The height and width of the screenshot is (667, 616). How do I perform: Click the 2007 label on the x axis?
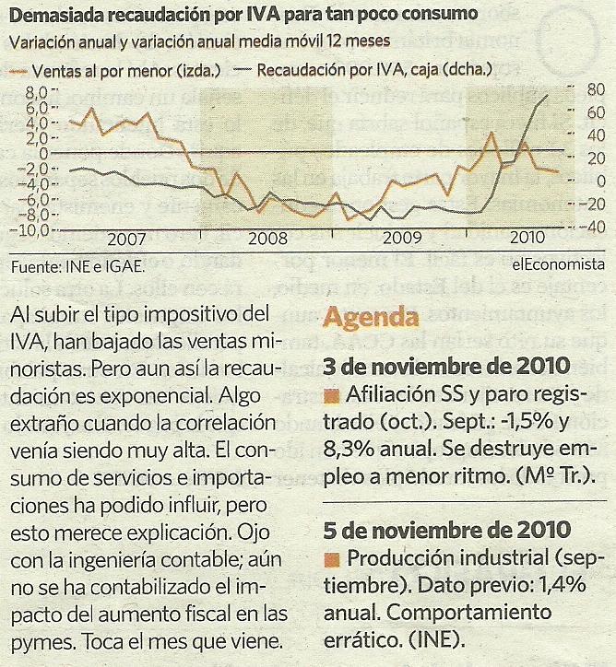(x=126, y=238)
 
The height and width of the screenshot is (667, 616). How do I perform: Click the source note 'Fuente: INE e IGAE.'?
(x=78, y=268)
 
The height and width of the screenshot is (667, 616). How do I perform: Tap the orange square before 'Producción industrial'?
(x=333, y=561)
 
